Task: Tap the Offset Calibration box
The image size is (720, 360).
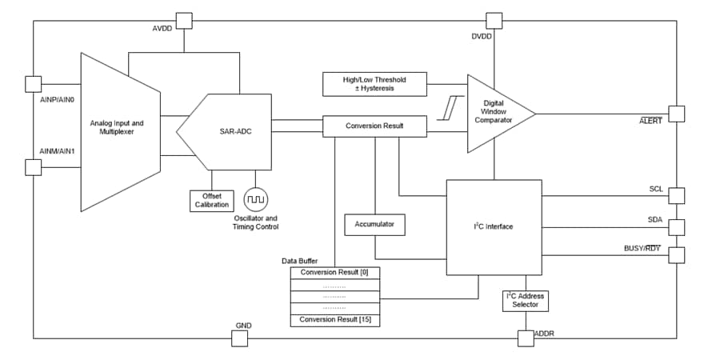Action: click(211, 200)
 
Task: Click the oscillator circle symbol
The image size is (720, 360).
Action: click(257, 198)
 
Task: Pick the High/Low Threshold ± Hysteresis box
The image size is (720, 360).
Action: click(374, 83)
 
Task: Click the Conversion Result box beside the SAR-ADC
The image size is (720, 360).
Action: click(374, 126)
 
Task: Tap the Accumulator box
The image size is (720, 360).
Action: click(374, 225)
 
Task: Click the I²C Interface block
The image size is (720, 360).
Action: click(493, 227)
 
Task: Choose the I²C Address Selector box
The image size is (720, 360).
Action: click(526, 300)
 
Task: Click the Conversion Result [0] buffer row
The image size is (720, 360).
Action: click(335, 273)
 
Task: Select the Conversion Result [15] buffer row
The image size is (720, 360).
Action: click(335, 320)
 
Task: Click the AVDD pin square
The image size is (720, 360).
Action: click(184, 20)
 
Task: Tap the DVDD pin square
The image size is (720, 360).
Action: click(495, 20)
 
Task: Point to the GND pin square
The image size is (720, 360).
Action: click(240, 338)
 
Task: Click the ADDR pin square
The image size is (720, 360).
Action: click(525, 338)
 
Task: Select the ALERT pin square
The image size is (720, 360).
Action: click(676, 114)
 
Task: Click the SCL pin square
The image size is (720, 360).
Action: click(676, 195)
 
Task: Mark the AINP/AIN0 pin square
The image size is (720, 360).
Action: click(34, 84)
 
